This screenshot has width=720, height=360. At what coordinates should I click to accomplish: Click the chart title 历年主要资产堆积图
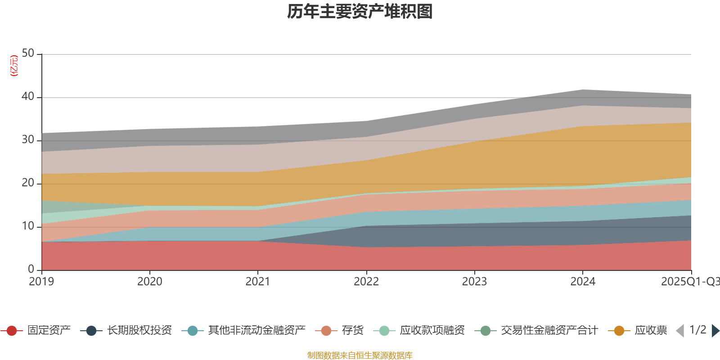click(360, 12)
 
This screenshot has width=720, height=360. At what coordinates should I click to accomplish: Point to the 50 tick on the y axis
click(28, 54)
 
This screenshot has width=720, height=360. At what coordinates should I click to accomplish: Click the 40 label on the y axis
click(28, 97)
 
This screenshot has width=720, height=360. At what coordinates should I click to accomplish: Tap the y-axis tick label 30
click(28, 140)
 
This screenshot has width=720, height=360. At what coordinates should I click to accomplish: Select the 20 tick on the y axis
click(28, 183)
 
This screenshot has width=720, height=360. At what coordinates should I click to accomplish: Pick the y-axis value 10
click(28, 226)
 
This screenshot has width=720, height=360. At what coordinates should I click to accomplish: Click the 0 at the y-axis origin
click(31, 269)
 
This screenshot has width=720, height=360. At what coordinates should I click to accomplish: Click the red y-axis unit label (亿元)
click(14, 66)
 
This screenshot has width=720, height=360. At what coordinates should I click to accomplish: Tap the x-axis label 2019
click(41, 282)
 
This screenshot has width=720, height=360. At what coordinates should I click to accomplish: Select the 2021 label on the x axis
click(258, 282)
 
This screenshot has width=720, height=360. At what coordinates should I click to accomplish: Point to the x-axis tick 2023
click(474, 282)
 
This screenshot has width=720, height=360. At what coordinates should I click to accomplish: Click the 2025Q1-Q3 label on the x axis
click(689, 282)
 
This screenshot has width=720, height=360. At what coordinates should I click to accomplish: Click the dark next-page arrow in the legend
click(715, 331)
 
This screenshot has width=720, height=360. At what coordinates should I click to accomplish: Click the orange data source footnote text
click(360, 355)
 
